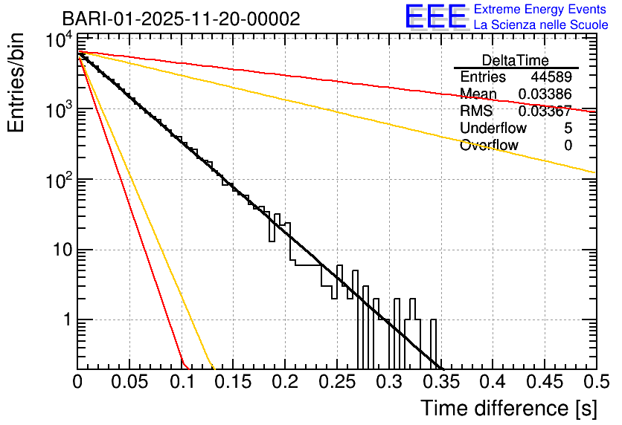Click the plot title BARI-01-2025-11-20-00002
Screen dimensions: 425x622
pyautogui.click(x=181, y=19)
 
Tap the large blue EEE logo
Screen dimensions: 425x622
pyautogui.click(x=435, y=17)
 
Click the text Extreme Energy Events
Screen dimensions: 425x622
pyautogui.click(x=541, y=10)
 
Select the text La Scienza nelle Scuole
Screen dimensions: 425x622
pyautogui.click(x=541, y=25)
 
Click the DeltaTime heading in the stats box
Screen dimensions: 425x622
pyautogui.click(x=515, y=60)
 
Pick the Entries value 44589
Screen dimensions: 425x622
pyautogui.click(x=551, y=77)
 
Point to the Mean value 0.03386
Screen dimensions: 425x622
pyautogui.click(x=545, y=94)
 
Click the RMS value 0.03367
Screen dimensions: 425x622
pyautogui.click(x=545, y=111)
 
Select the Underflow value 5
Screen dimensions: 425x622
pyautogui.click(x=568, y=129)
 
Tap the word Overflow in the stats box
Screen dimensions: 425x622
pyautogui.click(x=489, y=146)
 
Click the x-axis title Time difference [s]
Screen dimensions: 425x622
pyautogui.click(x=507, y=408)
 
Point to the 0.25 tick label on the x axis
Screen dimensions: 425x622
pyautogui.click(x=336, y=382)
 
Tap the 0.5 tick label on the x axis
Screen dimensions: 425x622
pyautogui.click(x=595, y=382)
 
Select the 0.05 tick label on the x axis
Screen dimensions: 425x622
pyautogui.click(x=129, y=382)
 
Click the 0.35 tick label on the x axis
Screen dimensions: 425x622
pyautogui.click(x=440, y=382)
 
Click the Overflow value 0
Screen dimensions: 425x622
pyautogui.click(x=568, y=146)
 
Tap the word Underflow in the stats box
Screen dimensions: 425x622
pyautogui.click(x=493, y=129)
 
